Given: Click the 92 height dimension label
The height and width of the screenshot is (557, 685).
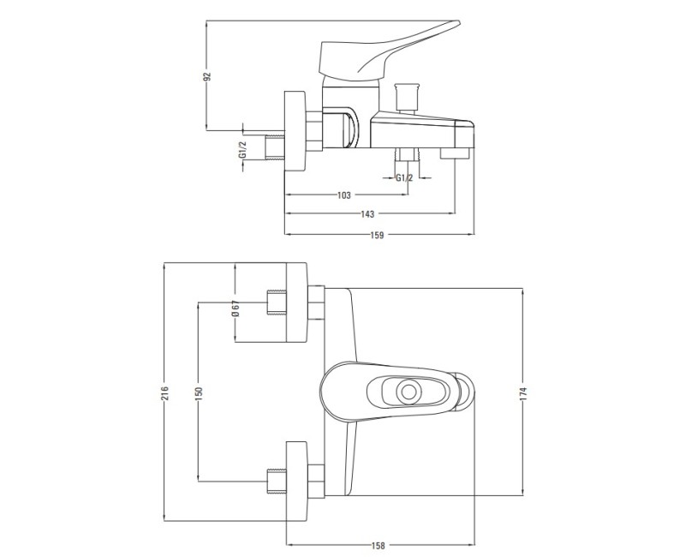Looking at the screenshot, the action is coord(208,76).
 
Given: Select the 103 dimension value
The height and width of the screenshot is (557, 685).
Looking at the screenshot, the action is coord(344,195).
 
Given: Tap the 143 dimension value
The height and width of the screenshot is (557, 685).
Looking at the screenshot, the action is coord(367,214).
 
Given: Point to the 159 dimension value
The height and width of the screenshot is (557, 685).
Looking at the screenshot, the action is coord(377,235).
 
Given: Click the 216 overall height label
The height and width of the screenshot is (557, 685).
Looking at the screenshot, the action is coord(164,392).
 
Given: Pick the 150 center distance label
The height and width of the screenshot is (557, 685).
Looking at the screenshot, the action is coord(199,392).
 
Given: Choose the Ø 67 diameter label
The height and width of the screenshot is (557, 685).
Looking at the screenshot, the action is coord(235,308).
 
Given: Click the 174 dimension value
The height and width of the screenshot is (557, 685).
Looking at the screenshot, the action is coord(524,392).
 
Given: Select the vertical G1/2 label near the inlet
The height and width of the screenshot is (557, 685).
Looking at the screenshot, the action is coord(242,149).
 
